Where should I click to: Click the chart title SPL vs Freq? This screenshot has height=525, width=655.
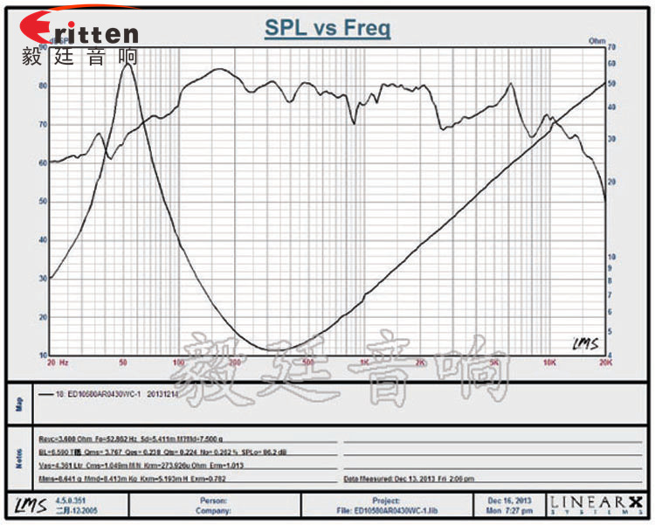point(327,28)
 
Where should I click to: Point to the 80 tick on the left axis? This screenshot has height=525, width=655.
point(43,86)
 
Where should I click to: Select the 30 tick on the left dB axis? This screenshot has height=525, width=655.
point(43,279)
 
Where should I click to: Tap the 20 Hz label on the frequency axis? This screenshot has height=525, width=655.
point(59,361)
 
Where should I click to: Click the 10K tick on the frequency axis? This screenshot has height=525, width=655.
point(548,361)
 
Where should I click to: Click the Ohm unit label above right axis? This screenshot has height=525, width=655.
point(597,41)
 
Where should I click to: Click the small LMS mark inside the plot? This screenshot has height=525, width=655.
point(583,343)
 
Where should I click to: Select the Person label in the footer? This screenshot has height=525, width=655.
point(212,501)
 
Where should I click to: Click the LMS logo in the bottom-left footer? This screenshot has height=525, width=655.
point(26,504)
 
